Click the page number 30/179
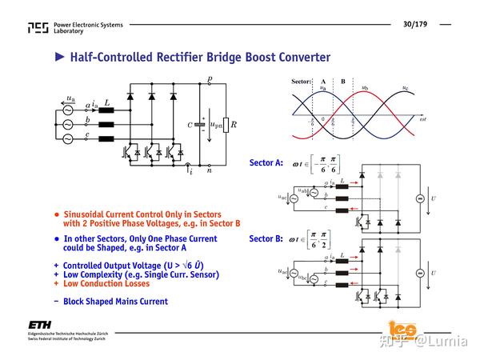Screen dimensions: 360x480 tap(414, 25)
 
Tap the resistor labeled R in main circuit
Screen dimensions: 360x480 tap(226, 124)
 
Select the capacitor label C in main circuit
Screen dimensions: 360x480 tap(190, 125)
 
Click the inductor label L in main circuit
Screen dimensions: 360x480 tap(107, 102)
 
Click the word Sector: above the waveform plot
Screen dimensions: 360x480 tap(301, 82)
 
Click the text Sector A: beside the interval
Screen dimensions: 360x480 tap(266, 162)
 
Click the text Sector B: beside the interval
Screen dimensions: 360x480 tap(266, 238)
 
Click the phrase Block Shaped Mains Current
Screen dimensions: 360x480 tap(115, 302)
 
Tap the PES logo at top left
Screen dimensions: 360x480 tap(38, 28)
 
